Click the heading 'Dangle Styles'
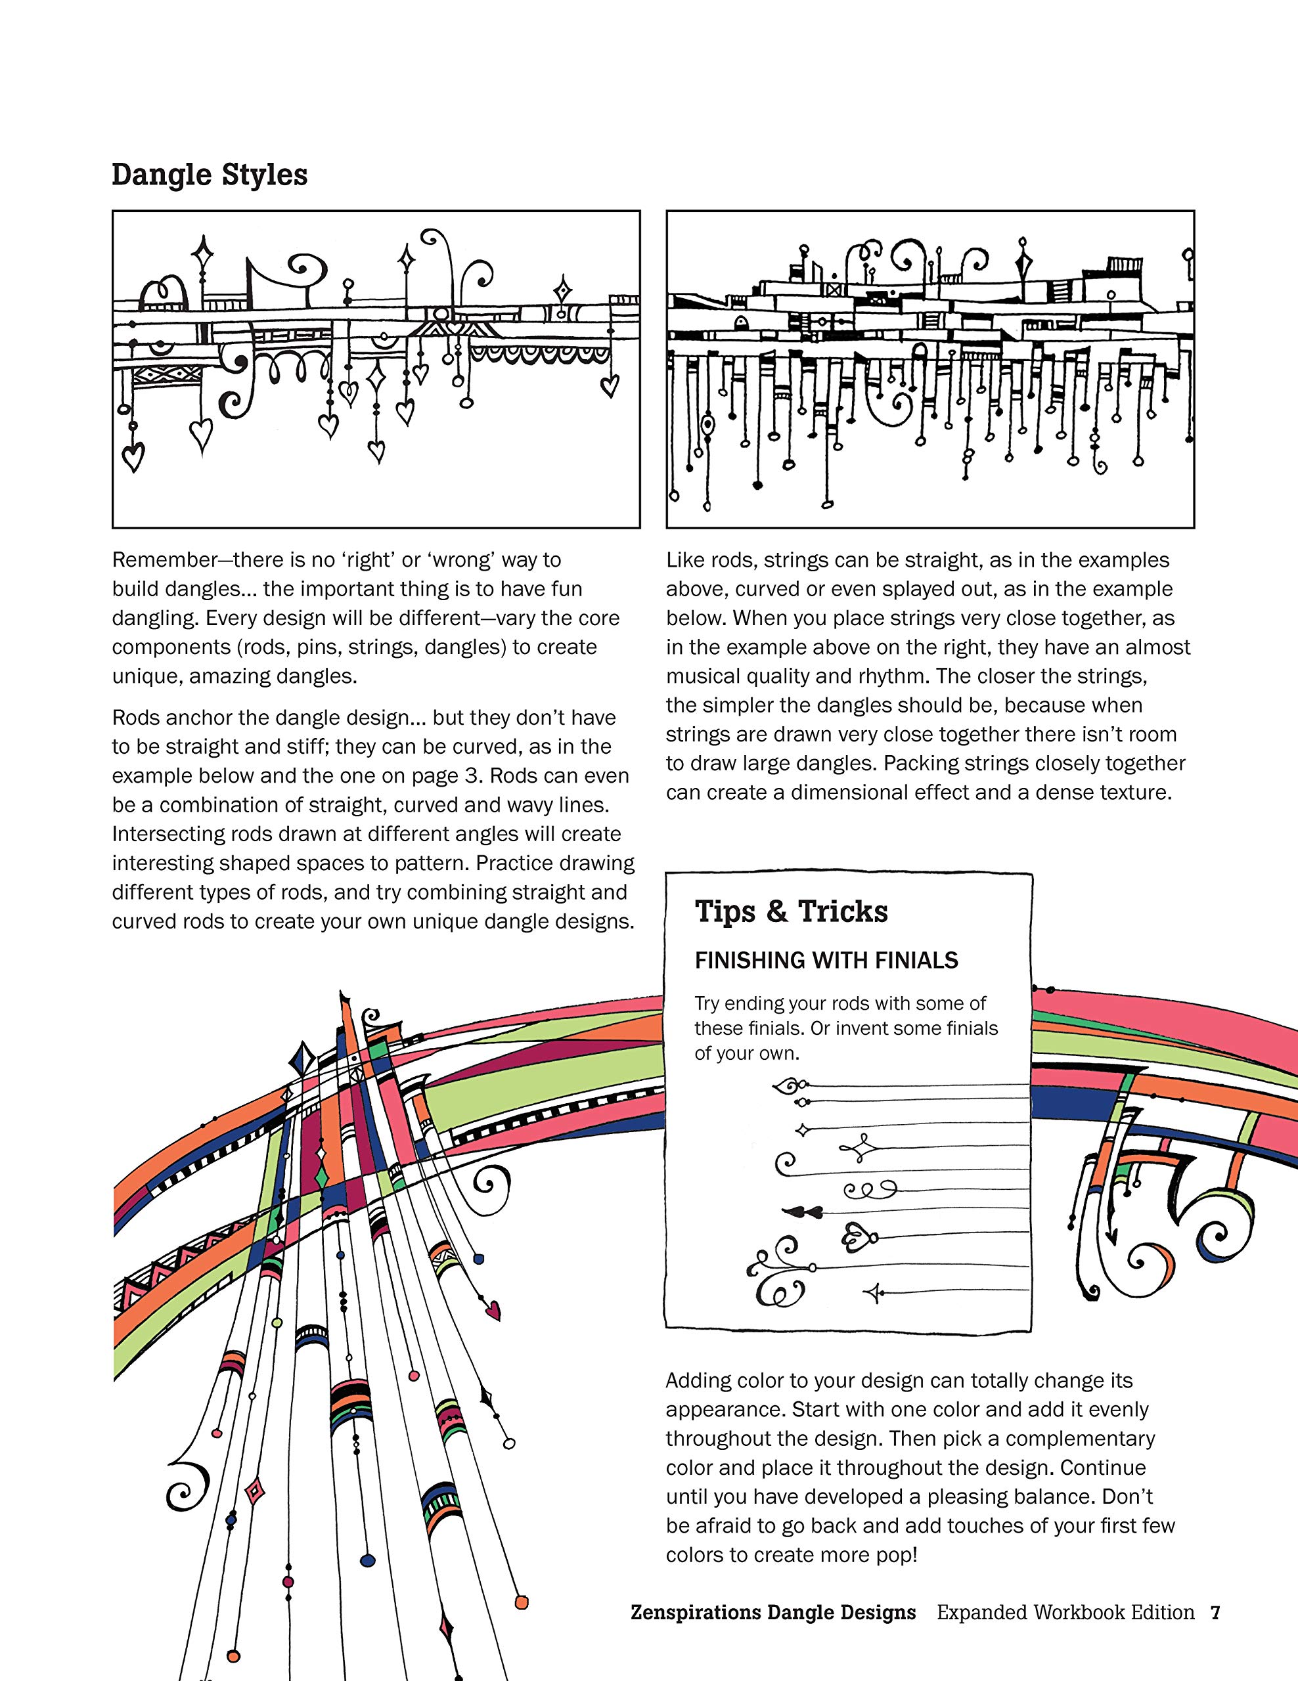tap(210, 175)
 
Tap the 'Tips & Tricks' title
tap(791, 911)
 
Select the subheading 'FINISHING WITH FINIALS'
tap(826, 961)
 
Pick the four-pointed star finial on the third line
tap(801, 1130)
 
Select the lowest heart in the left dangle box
tap(134, 457)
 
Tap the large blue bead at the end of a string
tap(368, 1560)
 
